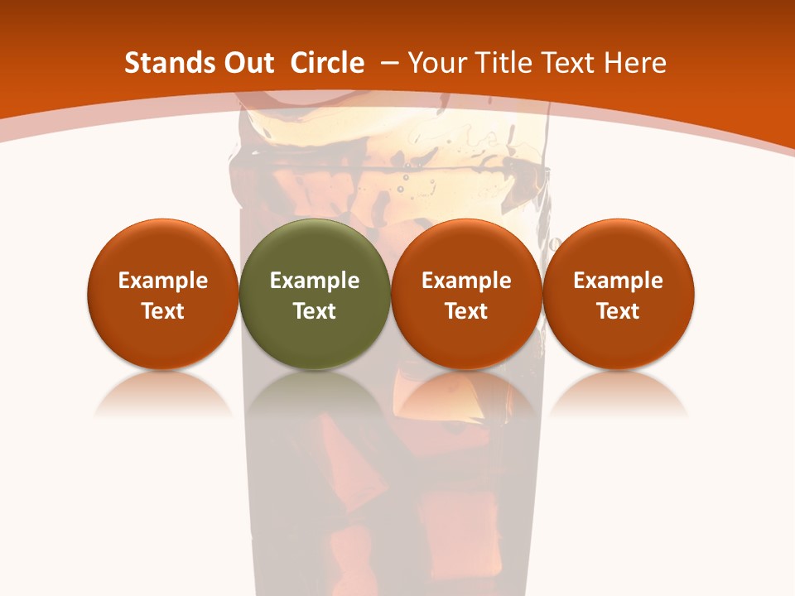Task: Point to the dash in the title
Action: click(x=388, y=63)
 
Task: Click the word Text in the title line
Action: click(x=564, y=63)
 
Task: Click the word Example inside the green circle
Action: click(x=315, y=281)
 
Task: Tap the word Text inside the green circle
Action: click(x=315, y=311)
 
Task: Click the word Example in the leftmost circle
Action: click(x=162, y=281)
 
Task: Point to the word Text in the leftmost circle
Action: click(x=162, y=311)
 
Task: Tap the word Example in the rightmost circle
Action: click(x=619, y=281)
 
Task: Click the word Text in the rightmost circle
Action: click(x=619, y=311)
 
